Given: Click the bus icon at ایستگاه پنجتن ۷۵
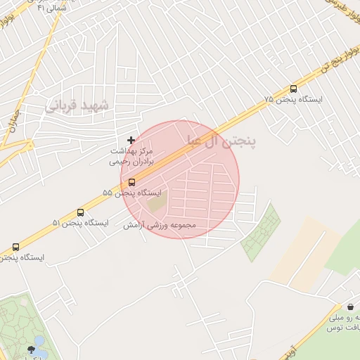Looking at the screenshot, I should [x=294, y=89].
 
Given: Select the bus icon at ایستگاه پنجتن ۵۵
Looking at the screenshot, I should [x=131, y=182].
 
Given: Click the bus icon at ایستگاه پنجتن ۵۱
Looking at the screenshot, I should [x=80, y=212].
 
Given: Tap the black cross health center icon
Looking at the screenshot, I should [x=131, y=141].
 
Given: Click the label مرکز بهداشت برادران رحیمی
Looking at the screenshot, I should [x=131, y=155].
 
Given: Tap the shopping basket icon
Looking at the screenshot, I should [x=350, y=307].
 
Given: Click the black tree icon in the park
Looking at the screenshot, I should [x=30, y=349].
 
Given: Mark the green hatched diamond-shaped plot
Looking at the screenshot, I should [x=261, y=233].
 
